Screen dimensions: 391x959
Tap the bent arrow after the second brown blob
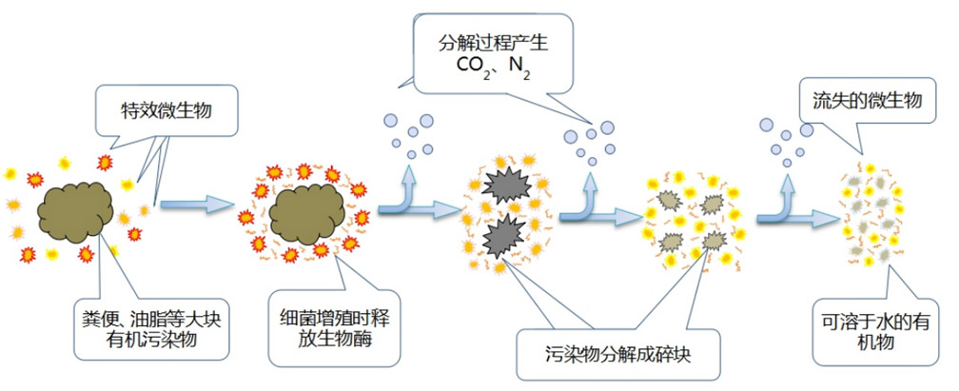[x=409, y=193]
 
